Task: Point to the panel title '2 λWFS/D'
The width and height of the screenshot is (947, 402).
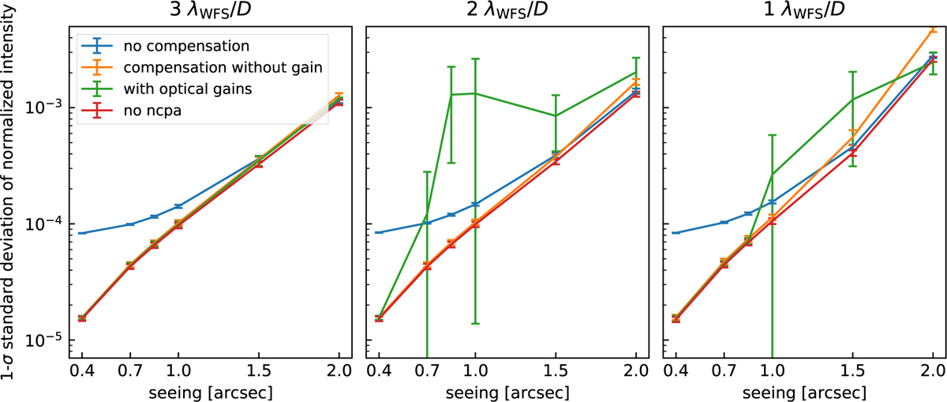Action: click(506, 12)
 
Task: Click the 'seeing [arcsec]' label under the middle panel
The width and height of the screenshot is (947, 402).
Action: click(506, 393)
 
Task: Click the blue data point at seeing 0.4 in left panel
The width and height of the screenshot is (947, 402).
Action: click(82, 233)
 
